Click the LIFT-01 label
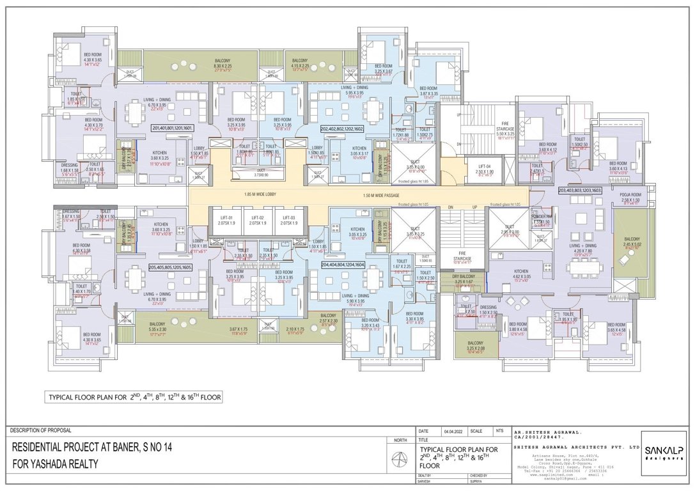click(x=226, y=219)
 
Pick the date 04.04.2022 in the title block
click(x=450, y=432)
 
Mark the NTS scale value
click(x=499, y=432)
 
